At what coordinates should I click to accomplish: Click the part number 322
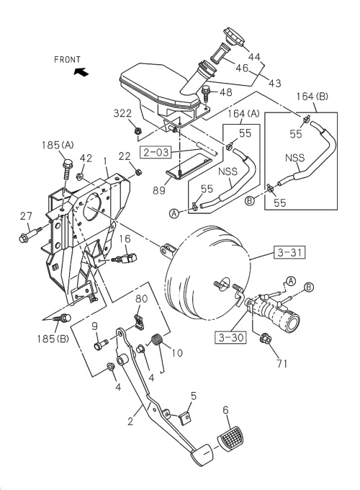124,114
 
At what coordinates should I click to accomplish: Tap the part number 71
281,363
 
